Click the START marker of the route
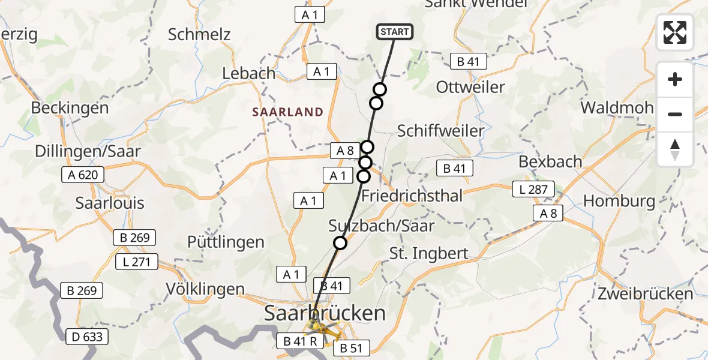pyautogui.click(x=394, y=32)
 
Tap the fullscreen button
pyautogui.click(x=675, y=32)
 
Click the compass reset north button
pyautogui.click(x=675, y=149)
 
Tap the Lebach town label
pyautogui.click(x=248, y=74)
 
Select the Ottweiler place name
pyautogui.click(x=470, y=87)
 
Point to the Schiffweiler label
pyautogui.click(x=440, y=131)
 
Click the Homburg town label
pyautogui.click(x=619, y=200)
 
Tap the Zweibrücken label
pyautogui.click(x=645, y=294)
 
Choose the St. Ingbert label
pyautogui.click(x=428, y=253)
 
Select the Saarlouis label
pyautogui.click(x=110, y=203)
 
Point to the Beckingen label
pyautogui.click(x=70, y=108)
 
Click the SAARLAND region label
pyautogui.click(x=287, y=112)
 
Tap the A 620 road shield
pyautogui.click(x=83, y=175)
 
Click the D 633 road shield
pyautogui.click(x=86, y=337)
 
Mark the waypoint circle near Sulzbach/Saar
pyautogui.click(x=340, y=242)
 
